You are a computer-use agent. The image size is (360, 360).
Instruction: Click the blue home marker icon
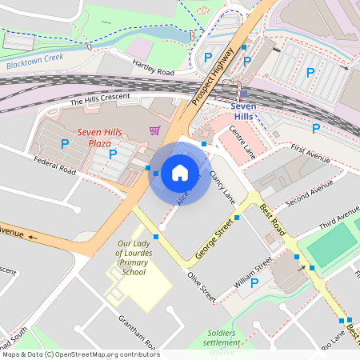point(180,172)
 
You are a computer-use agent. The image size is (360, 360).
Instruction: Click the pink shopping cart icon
point(154,130)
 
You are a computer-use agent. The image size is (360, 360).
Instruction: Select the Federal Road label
point(55,165)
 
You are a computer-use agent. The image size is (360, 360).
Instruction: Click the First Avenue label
point(310,154)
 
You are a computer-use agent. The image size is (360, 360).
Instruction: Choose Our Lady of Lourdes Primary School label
point(132,258)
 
